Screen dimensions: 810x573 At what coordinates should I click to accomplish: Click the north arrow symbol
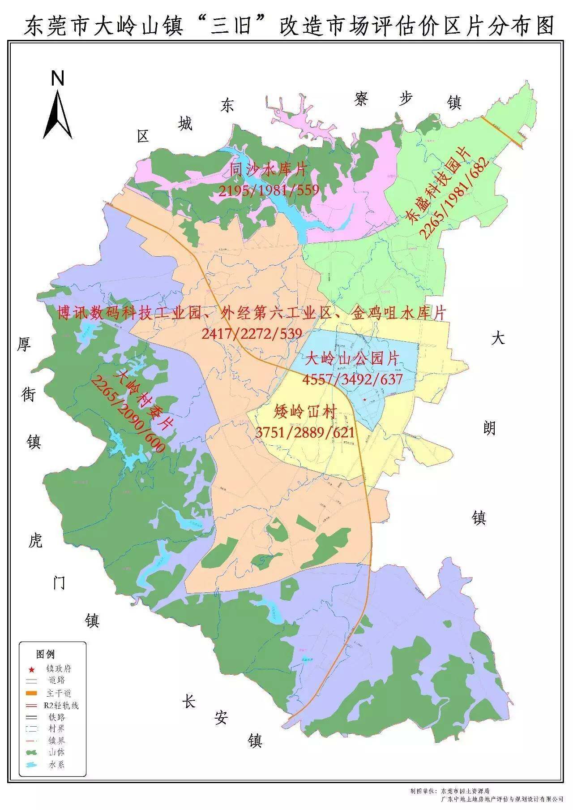[58, 114]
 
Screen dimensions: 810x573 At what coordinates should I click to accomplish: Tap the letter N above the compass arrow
[58, 79]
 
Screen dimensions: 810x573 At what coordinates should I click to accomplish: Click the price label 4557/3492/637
[353, 379]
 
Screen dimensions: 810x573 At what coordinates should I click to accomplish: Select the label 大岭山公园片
[352, 358]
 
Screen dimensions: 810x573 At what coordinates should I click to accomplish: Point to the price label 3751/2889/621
[305, 432]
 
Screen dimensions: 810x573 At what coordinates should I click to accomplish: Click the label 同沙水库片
[269, 169]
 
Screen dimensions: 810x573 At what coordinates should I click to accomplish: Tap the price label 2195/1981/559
[269, 190]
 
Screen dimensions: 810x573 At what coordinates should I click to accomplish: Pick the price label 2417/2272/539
[252, 333]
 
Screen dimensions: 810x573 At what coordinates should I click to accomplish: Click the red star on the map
[365, 399]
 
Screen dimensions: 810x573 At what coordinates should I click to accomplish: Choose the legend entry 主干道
[58, 693]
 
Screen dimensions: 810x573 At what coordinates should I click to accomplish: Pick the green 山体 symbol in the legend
[32, 752]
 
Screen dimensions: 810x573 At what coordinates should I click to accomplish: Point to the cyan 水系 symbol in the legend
[32, 764]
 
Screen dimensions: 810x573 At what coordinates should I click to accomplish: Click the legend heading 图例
[46, 655]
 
